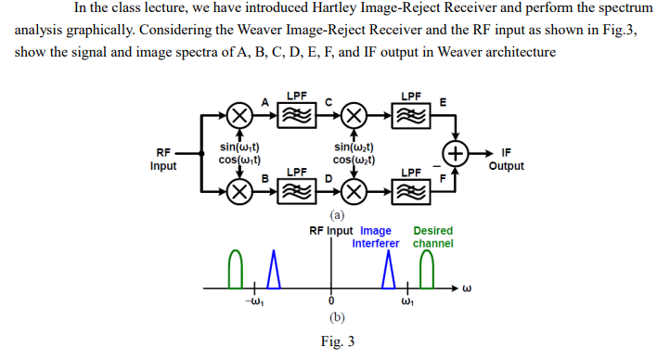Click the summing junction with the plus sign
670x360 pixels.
pos(456,152)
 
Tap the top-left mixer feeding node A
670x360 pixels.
pos(239,115)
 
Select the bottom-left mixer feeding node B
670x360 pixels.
pos(239,192)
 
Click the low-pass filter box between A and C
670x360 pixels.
pos(297,115)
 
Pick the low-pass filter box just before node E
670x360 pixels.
pos(409,115)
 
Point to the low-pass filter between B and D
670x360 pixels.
pos(297,192)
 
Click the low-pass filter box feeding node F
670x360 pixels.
pos(409,192)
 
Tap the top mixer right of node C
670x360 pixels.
pos(353,115)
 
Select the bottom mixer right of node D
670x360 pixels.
pos(353,192)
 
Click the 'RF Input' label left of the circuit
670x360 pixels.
pos(164,160)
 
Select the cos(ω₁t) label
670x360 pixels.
pos(239,160)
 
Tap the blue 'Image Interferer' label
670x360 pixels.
pos(376,238)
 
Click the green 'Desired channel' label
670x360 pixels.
pos(432,238)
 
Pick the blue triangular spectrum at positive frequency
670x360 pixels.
pos(389,270)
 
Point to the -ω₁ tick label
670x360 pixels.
pos(248,301)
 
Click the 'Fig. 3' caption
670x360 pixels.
pos(337,341)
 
